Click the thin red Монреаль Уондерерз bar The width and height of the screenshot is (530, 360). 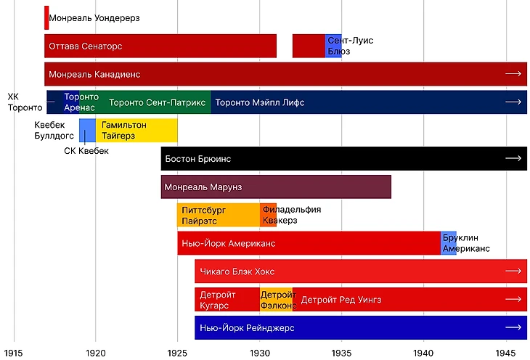(46, 17)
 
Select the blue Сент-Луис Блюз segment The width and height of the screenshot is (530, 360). (333, 46)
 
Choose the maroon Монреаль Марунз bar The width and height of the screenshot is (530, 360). (276, 187)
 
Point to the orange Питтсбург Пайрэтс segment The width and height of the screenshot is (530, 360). (218, 215)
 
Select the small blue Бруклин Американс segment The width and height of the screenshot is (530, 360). (448, 243)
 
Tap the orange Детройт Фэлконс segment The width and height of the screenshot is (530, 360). (276, 299)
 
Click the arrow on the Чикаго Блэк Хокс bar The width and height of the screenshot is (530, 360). (513, 271)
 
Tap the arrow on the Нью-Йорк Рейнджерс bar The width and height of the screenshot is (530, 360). (513, 327)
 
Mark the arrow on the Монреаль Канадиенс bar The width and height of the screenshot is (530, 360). (513, 74)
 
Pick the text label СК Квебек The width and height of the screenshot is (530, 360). (86, 151)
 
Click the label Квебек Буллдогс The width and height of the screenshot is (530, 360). (55, 130)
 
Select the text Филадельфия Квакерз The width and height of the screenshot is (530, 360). (290, 215)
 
